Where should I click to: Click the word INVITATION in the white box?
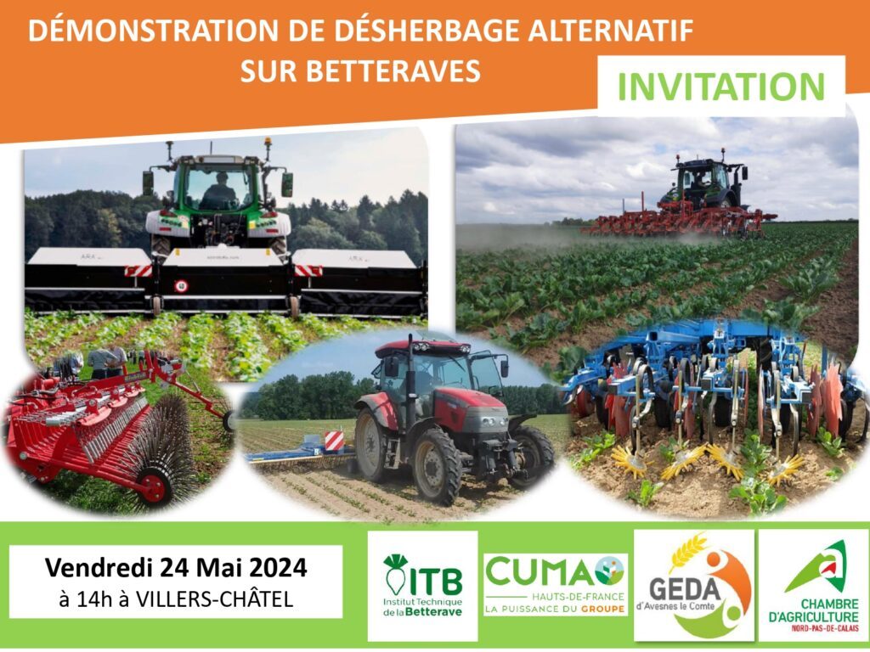tap(721, 87)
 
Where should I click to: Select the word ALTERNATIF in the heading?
tap(610, 31)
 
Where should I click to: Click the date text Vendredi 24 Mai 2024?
tap(176, 568)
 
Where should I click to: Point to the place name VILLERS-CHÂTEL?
tap(214, 599)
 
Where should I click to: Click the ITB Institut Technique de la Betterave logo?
tap(423, 586)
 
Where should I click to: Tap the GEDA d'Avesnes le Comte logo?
tap(693, 586)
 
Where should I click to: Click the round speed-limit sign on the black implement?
tap(181, 286)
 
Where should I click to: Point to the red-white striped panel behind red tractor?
tap(334, 441)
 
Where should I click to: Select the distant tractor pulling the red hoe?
tap(704, 184)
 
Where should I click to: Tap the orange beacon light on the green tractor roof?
tap(268, 142)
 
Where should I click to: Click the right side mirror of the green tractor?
tap(287, 184)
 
